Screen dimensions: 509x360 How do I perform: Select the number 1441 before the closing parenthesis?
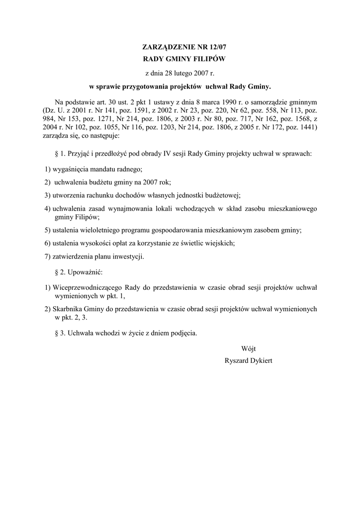click(305, 128)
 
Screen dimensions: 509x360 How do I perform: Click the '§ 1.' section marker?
click(58, 154)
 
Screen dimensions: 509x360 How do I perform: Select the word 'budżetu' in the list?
click(104, 182)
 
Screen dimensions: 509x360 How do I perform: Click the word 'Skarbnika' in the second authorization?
click(68, 309)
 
